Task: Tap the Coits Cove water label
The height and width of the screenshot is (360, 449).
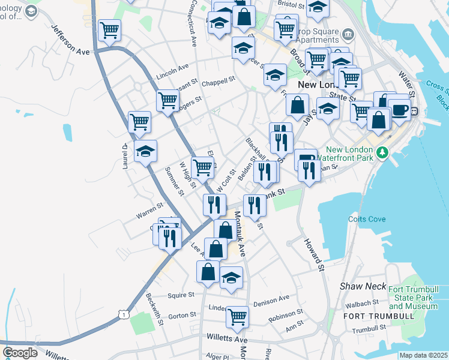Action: tap(368, 219)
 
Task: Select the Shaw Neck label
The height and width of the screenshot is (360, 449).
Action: tap(363, 286)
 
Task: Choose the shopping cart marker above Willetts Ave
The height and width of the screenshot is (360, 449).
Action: tap(238, 316)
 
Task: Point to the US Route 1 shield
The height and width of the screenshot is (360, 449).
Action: tap(123, 314)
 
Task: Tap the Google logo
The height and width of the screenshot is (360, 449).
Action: tap(20, 352)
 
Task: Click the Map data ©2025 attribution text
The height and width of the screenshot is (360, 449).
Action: tap(423, 355)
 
